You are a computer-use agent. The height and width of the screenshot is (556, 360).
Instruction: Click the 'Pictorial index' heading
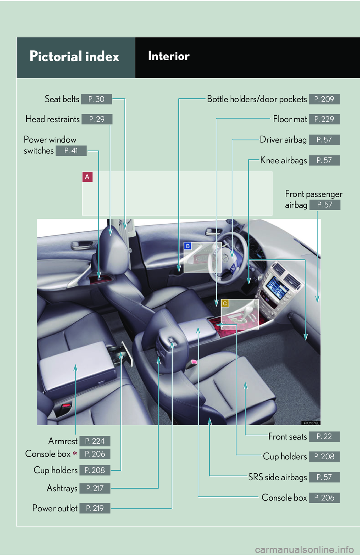(x=74, y=57)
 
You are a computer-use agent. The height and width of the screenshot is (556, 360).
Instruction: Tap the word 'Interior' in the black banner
(x=169, y=56)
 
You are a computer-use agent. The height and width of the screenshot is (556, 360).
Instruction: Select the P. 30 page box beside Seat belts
(x=96, y=99)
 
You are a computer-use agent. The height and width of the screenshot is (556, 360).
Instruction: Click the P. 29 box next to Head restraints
(x=97, y=119)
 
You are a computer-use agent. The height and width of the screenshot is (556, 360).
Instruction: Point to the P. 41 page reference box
(x=71, y=151)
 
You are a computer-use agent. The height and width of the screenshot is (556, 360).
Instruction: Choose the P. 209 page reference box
(x=324, y=99)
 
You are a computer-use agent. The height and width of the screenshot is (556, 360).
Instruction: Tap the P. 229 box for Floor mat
(x=324, y=119)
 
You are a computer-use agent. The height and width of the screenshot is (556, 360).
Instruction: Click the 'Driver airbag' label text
(x=283, y=140)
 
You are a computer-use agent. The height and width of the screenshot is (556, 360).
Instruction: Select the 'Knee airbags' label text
(x=283, y=160)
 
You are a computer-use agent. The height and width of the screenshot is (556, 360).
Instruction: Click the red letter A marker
(x=87, y=177)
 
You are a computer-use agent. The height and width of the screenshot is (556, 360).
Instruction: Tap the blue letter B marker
(x=188, y=246)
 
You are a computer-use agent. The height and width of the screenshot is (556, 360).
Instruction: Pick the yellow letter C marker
(x=225, y=303)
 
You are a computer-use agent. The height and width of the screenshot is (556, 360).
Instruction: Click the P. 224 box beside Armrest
(x=94, y=441)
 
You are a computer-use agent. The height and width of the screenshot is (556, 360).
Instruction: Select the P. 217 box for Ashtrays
(x=94, y=488)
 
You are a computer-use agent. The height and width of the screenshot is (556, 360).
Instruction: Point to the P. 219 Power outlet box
(x=94, y=508)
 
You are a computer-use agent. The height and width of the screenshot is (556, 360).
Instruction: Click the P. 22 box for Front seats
(x=324, y=436)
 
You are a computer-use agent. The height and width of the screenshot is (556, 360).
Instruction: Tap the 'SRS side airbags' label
(x=277, y=477)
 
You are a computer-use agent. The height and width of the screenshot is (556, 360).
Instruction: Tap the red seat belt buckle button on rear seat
(x=66, y=405)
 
